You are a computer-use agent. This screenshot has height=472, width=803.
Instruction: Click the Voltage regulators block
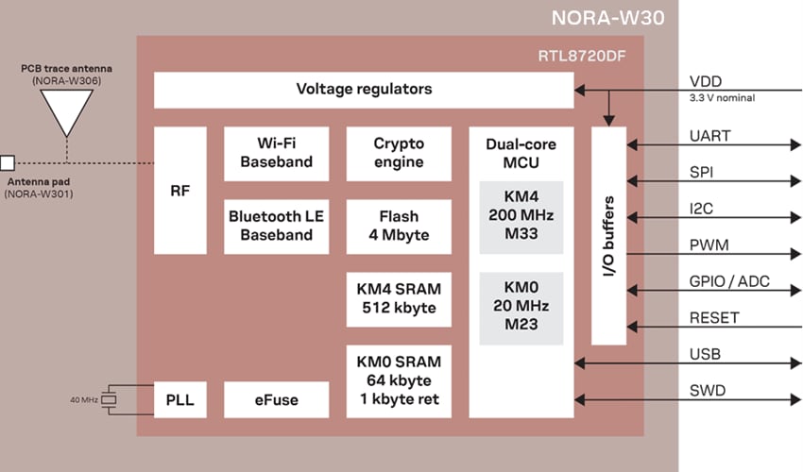tap(364, 90)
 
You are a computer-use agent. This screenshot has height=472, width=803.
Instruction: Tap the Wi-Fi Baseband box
tap(276, 153)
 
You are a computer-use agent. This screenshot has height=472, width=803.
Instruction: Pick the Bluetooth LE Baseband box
tap(276, 226)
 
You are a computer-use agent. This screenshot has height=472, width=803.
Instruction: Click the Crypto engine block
tap(399, 153)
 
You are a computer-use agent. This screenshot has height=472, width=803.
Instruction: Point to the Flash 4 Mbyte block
tap(399, 226)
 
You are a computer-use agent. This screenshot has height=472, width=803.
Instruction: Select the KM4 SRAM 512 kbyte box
tap(399, 298)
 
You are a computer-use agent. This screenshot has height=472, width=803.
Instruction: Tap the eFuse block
tap(276, 399)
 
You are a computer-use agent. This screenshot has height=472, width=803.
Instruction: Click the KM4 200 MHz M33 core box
tap(521, 216)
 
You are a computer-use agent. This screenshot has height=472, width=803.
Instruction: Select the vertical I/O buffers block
tap(609, 235)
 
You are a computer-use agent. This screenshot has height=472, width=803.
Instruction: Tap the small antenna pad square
tap(8, 162)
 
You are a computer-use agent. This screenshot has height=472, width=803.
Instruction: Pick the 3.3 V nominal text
tap(721, 97)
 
